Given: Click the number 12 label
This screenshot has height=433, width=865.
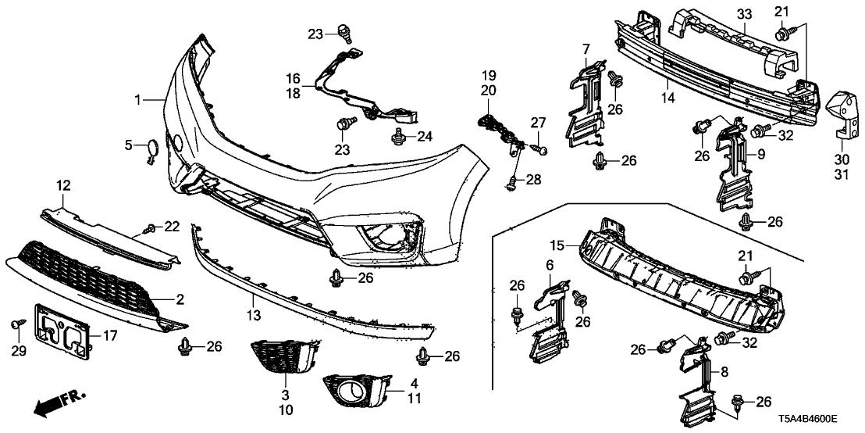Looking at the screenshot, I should [63, 186].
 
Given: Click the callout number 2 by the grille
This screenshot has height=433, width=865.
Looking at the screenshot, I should [179, 299].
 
